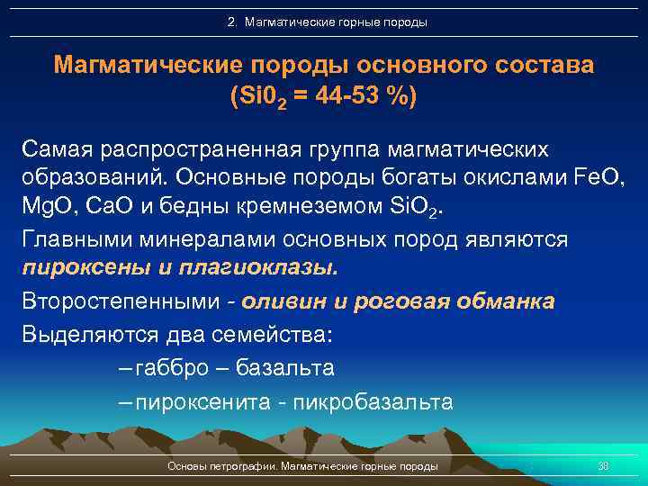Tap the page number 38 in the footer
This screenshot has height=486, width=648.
coord(604,466)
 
